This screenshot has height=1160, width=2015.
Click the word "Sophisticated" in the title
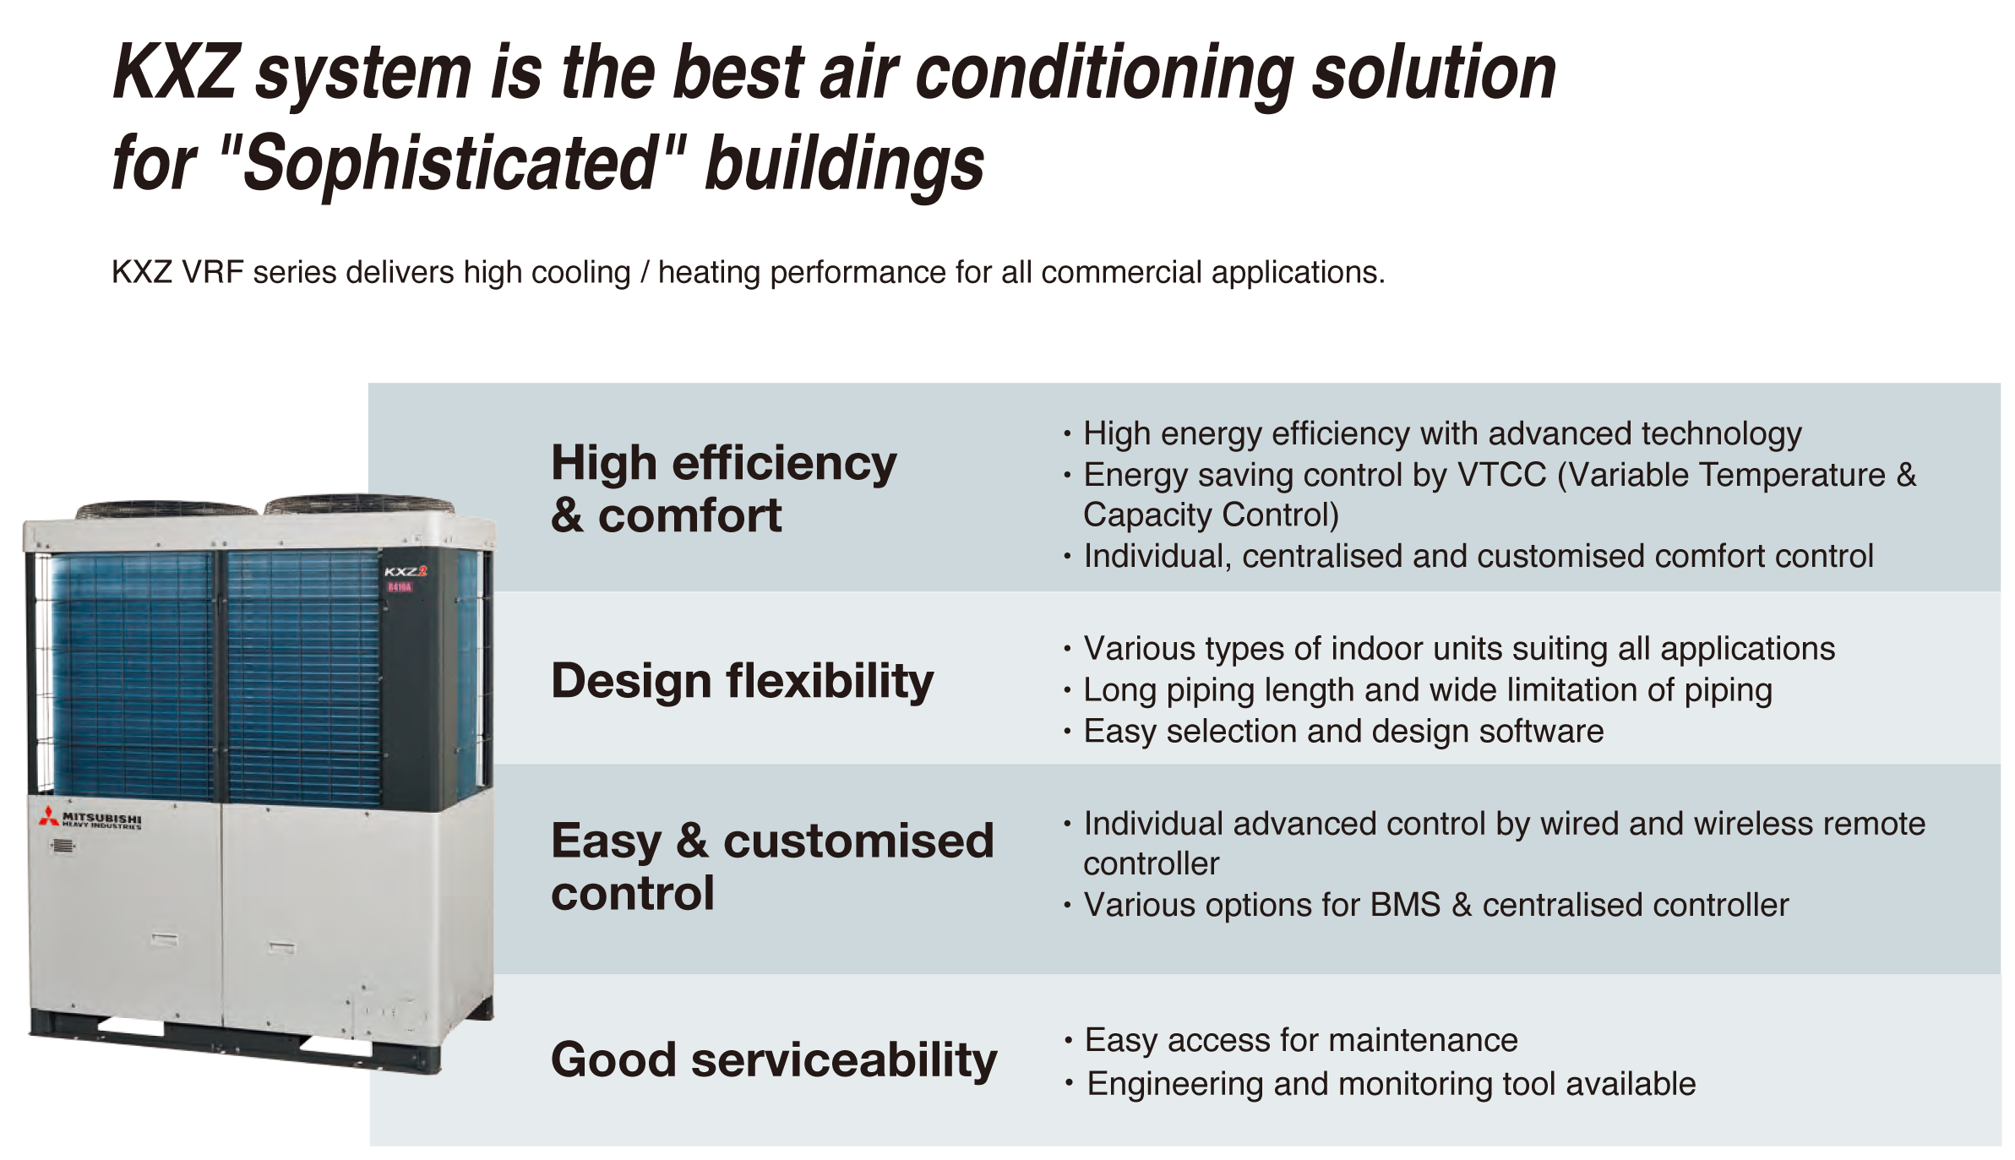[449, 163]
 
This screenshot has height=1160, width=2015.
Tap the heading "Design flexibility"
[742, 681]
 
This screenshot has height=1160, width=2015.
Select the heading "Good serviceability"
[774, 1059]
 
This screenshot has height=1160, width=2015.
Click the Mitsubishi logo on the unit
[90, 819]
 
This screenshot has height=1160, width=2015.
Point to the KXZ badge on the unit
[406, 571]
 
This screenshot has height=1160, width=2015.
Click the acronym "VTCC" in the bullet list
[1502, 475]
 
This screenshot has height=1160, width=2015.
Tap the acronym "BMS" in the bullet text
[1405, 905]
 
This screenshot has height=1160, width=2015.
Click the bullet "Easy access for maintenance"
[1301, 1040]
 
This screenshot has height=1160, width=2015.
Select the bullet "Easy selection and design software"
[1343, 731]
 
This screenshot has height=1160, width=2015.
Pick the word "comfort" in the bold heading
[689, 515]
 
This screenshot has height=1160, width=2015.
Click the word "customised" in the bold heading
[858, 841]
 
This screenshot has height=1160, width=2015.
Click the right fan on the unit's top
[359, 504]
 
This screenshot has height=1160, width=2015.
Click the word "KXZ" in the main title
[176, 73]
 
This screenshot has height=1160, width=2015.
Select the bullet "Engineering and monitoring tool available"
[1391, 1084]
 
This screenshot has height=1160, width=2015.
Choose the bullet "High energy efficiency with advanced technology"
[1442, 433]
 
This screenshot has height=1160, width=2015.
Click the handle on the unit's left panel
[164, 939]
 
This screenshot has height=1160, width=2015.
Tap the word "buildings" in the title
[844, 163]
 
